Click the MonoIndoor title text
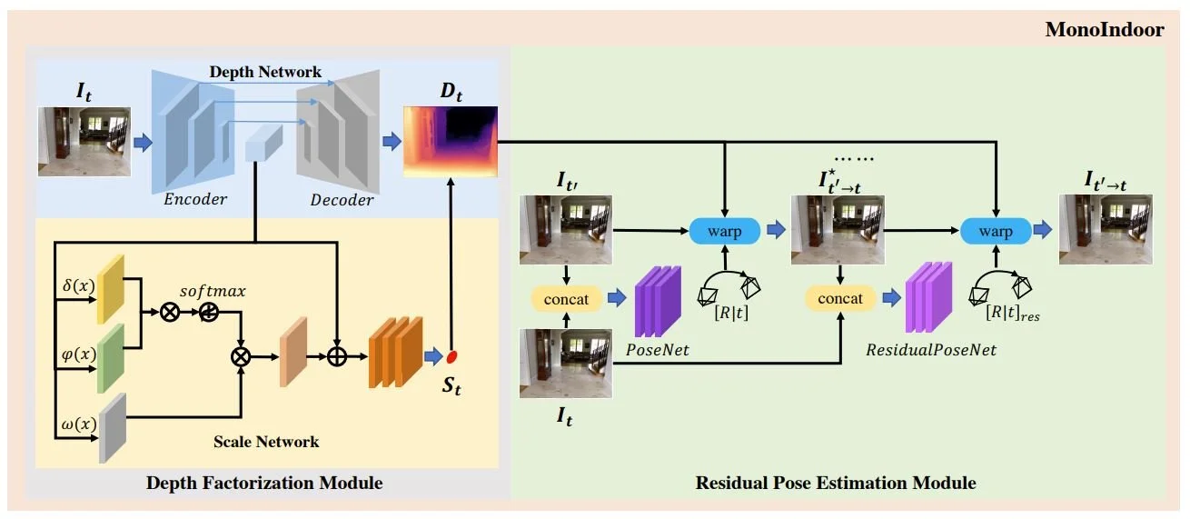pyautogui.click(x=1105, y=30)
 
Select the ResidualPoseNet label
pyautogui.click(x=931, y=350)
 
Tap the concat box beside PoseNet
pyautogui.click(x=566, y=298)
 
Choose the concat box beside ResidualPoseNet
pyautogui.click(x=840, y=298)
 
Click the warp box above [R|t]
pyautogui.click(x=724, y=232)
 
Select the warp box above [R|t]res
pyautogui.click(x=996, y=232)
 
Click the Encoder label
pyautogui.click(x=195, y=199)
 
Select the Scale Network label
pyautogui.click(x=266, y=443)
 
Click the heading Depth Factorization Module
pyautogui.click(x=264, y=483)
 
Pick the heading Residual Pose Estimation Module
pyautogui.click(x=836, y=483)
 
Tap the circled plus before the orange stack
pyautogui.click(x=336, y=355)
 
